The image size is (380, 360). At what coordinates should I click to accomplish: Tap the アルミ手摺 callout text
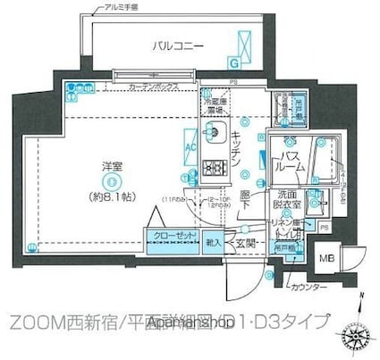(x=114, y=6)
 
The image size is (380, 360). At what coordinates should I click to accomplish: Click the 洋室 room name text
(x=98, y=164)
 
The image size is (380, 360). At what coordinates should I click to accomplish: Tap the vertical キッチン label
(x=233, y=153)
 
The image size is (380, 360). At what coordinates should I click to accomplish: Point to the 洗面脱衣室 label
(x=284, y=199)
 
